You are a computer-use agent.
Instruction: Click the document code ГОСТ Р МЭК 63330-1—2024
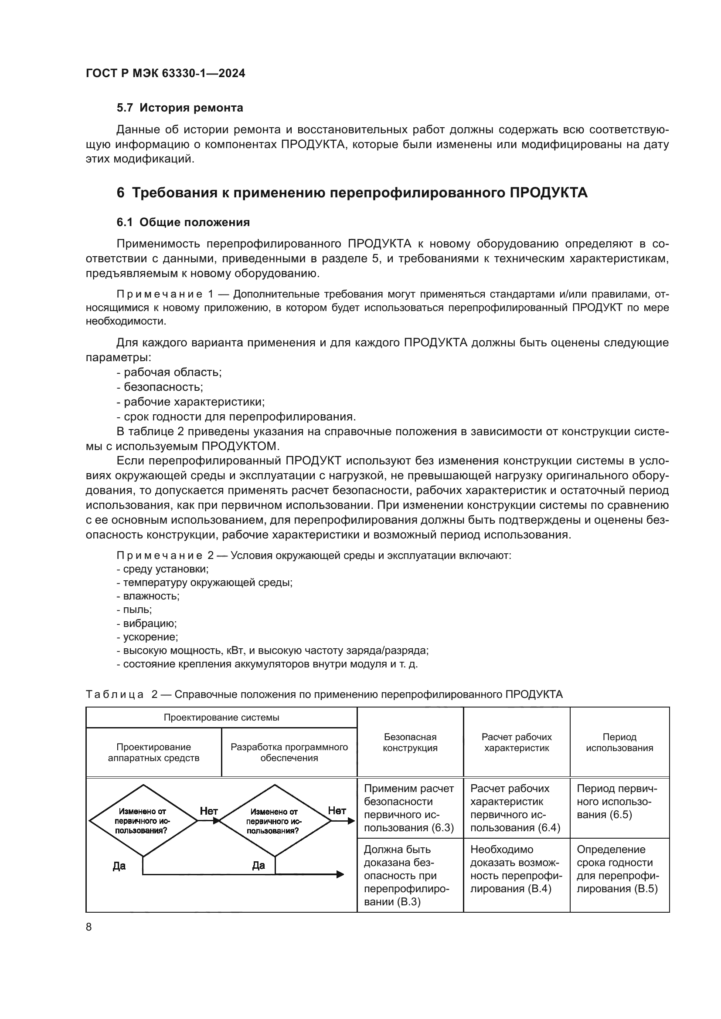pos(165,73)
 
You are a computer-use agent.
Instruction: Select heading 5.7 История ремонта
pos(180,108)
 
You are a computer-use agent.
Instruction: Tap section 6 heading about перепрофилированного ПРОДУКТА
pos(352,193)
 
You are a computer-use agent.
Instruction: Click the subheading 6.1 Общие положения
pos(183,222)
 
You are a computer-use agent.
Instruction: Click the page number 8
pos(89,927)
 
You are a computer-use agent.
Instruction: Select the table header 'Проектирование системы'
pos(221,717)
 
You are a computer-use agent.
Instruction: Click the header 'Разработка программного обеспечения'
pos(289,752)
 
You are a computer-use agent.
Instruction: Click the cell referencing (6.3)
pos(409,808)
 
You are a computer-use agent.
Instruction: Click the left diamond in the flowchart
pos(143,821)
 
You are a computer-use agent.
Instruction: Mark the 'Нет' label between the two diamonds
pos(209,811)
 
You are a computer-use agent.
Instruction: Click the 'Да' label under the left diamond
pos(119,866)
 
